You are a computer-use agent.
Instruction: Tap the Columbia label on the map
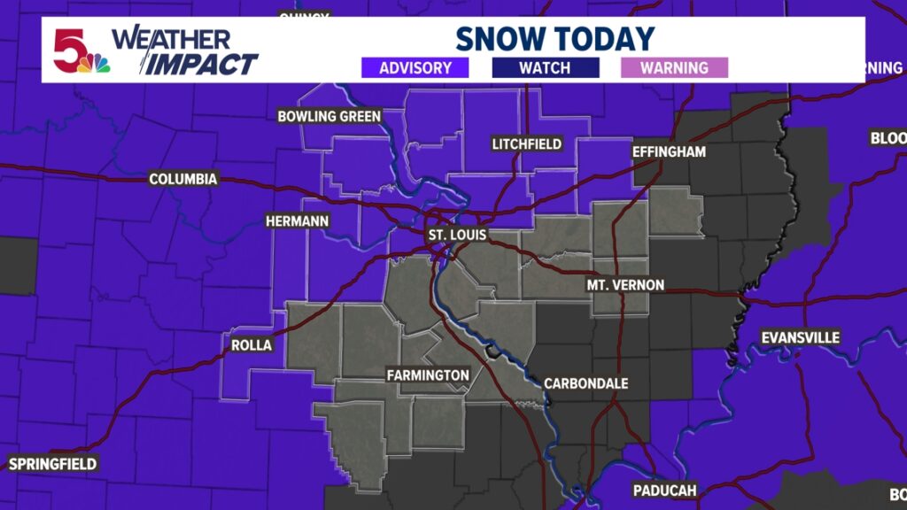point(182,180)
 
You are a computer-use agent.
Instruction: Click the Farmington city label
point(427,375)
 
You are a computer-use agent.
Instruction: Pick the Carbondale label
point(585,383)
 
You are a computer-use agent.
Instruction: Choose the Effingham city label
point(669,151)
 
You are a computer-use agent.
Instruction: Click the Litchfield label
point(527,143)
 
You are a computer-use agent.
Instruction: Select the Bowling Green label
point(329,116)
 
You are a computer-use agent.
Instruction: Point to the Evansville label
point(800,337)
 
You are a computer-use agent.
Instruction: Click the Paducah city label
point(664,490)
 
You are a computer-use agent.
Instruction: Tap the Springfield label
point(52,463)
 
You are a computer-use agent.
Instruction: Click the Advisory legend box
point(415,67)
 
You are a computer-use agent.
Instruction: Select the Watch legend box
point(545,67)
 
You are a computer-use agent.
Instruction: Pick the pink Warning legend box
point(674,67)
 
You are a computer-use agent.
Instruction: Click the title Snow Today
point(554,38)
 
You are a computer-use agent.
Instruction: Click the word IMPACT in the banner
point(202,64)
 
